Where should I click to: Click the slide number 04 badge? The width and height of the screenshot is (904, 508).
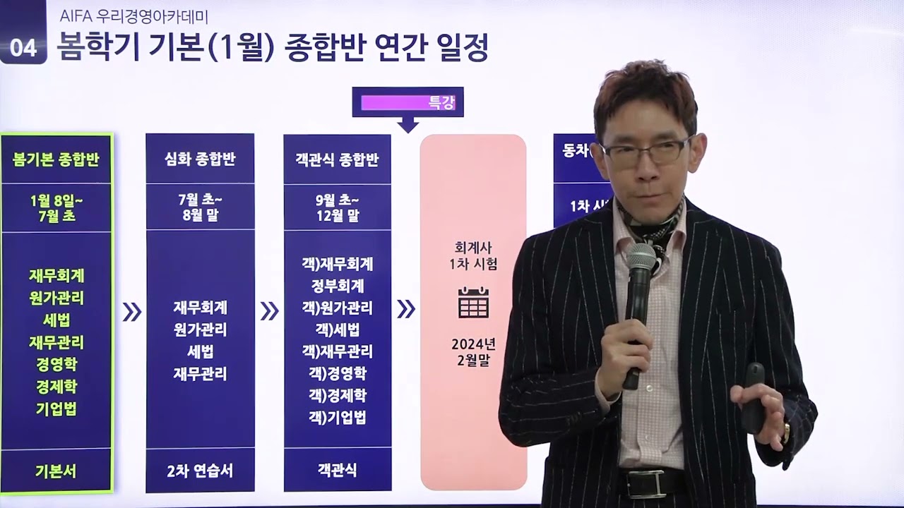[23, 47]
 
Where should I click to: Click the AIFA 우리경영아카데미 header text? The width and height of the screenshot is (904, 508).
[133, 16]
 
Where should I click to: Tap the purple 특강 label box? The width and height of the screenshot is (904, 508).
[408, 103]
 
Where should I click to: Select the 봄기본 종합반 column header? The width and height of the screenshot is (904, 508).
[56, 159]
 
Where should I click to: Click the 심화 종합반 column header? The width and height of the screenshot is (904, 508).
[200, 159]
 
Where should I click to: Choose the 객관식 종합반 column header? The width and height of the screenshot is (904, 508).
[337, 159]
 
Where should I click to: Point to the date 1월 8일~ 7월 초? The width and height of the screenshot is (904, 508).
[56, 208]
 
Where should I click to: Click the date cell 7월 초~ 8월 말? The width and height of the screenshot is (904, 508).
[200, 207]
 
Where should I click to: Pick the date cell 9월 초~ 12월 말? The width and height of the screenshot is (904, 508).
[337, 207]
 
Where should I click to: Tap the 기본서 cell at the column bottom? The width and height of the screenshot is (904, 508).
[56, 471]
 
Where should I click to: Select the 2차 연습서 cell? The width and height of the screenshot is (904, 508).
[200, 471]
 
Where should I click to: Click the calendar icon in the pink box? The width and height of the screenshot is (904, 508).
[473, 302]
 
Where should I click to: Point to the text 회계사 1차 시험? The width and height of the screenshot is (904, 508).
[473, 255]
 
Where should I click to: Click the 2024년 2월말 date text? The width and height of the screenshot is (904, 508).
[473, 351]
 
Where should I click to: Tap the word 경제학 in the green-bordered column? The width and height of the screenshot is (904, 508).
[56, 387]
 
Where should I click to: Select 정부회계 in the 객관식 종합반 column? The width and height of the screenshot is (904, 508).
[337, 286]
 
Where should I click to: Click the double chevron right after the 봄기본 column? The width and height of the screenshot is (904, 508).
[131, 311]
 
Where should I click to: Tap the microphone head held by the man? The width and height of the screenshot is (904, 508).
[641, 258]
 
